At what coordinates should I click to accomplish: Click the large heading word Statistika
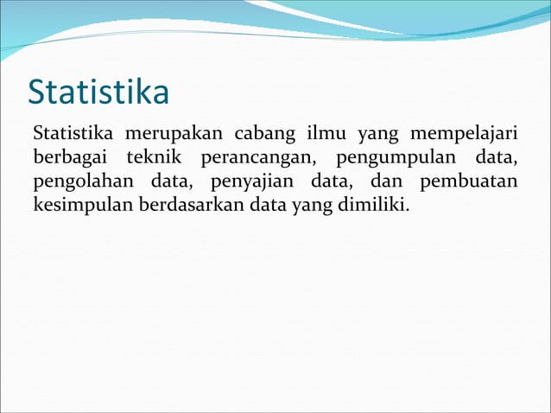[x=98, y=92]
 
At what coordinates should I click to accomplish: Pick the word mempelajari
[x=463, y=135]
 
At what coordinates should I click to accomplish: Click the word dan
[x=384, y=183]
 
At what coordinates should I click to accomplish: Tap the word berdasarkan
[x=191, y=207]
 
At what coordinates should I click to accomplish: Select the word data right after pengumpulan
[x=496, y=159]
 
